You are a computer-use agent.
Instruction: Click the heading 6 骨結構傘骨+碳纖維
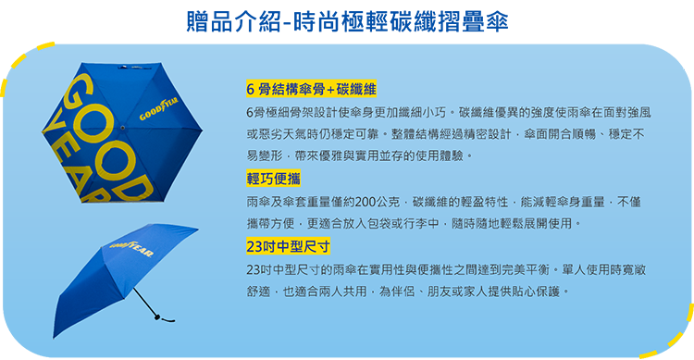point(311,89)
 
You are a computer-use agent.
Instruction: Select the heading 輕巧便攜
point(274,179)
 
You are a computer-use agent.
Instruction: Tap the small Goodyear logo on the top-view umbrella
point(159,117)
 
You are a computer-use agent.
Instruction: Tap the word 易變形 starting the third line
point(264,155)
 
